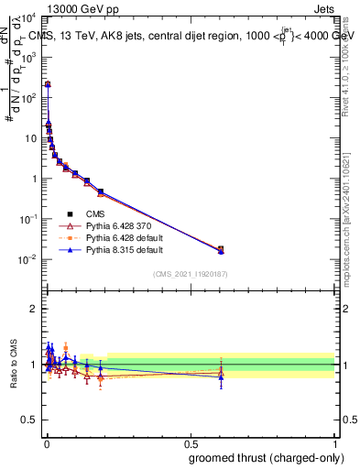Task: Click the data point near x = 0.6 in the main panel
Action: [220, 249]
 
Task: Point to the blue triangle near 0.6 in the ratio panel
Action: [220, 376]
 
